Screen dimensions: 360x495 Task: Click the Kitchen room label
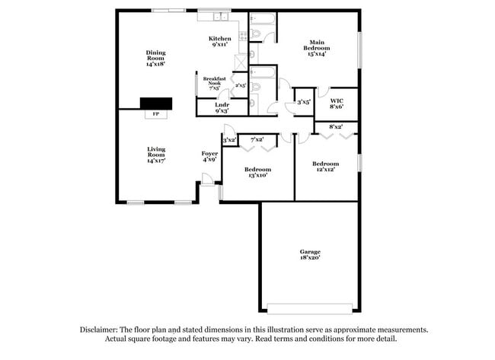coord(220,42)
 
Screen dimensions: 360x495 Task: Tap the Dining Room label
coord(155,59)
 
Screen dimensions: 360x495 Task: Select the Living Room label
coord(156,155)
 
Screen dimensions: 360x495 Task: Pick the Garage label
coord(309,255)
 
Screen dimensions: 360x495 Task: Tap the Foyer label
coord(209,157)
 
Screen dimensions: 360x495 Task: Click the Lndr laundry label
coord(222,108)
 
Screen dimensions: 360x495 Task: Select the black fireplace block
coord(155,104)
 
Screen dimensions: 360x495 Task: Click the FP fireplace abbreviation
coord(155,114)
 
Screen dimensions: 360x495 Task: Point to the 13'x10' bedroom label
coord(257,172)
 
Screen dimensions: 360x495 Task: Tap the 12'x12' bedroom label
coord(324,167)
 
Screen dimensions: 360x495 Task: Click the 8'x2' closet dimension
coord(335,126)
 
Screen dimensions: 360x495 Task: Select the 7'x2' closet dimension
coord(257,139)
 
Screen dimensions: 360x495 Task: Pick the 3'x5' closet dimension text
coord(303,101)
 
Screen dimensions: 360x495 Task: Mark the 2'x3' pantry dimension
coord(240,85)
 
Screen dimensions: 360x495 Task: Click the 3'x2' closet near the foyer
coord(228,140)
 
